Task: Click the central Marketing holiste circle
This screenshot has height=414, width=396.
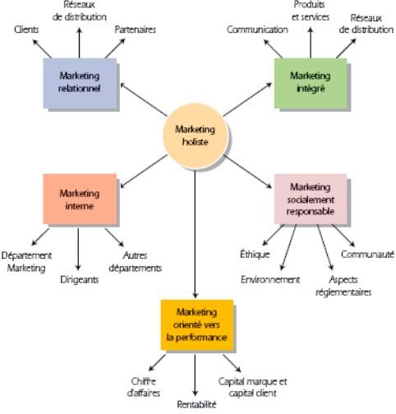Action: pyautogui.click(x=195, y=134)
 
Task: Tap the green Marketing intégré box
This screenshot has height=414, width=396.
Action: pyautogui.click(x=310, y=82)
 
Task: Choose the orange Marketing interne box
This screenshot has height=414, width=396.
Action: pyautogui.click(x=79, y=200)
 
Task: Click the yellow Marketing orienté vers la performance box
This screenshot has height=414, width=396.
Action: pyautogui.click(x=196, y=325)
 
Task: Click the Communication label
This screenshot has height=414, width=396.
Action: pyautogui.click(x=258, y=30)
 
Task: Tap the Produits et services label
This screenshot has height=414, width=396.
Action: pyautogui.click(x=311, y=11)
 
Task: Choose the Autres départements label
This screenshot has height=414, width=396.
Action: pyautogui.click(x=135, y=261)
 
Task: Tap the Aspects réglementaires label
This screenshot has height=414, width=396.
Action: pyautogui.click(x=343, y=286)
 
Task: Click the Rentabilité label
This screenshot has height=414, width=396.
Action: pyautogui.click(x=196, y=404)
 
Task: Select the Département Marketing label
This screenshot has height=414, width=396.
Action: pyautogui.click(x=26, y=261)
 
